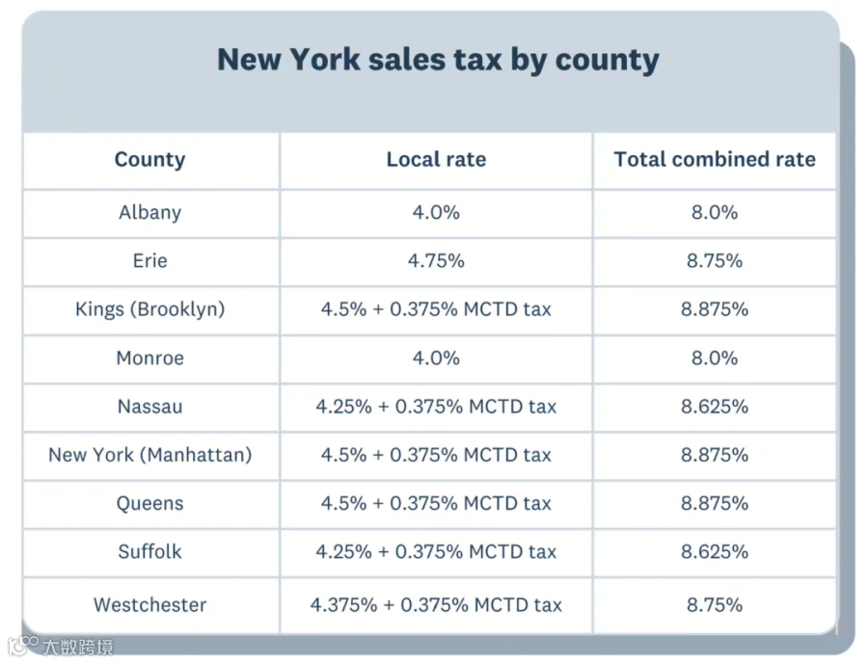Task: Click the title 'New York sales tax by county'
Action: pos(438,60)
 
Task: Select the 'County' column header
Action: pos(150,160)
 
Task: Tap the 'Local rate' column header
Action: pos(436,159)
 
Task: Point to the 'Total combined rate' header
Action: pos(715,159)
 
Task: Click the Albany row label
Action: pos(150,213)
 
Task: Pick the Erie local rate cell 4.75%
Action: pos(436,260)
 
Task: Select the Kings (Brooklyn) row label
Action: pos(150,309)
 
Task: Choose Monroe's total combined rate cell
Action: pos(715,358)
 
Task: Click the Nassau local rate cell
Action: pos(436,407)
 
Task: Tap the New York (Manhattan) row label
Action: pos(150,455)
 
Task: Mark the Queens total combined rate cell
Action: pos(715,503)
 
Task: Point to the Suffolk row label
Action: pos(150,551)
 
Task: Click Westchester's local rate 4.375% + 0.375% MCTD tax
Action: pos(436,604)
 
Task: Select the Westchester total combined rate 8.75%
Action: pos(715,604)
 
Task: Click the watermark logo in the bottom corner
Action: pos(61,646)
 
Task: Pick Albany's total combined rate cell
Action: pos(715,212)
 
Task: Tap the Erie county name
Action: pos(150,260)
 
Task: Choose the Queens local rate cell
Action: pos(436,503)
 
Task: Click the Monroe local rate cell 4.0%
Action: pos(436,358)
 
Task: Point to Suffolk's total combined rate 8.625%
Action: pos(715,551)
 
